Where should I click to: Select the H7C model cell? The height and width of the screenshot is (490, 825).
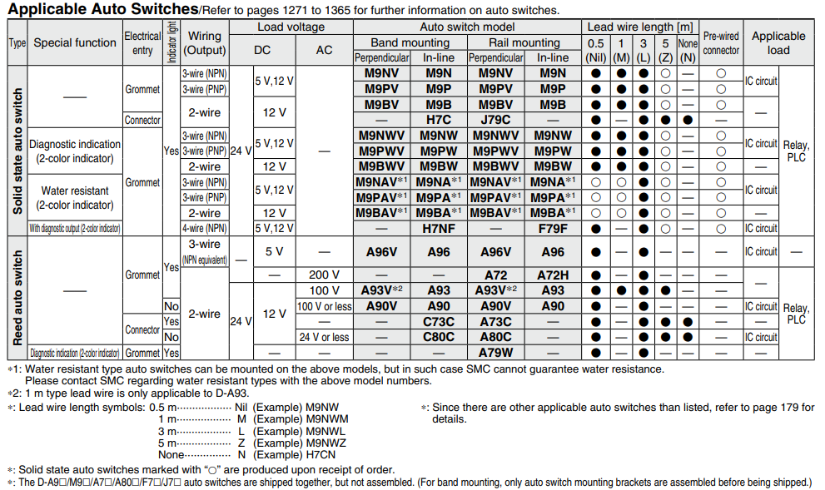click(x=438, y=120)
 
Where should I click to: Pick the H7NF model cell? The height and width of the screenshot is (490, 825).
click(x=438, y=228)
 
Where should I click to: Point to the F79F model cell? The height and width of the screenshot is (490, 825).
click(x=553, y=228)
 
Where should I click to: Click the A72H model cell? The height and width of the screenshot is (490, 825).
click(x=553, y=275)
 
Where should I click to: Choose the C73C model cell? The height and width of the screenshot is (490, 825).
click(x=438, y=322)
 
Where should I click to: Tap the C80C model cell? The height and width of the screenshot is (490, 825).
click(x=438, y=337)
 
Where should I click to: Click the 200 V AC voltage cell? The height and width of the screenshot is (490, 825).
click(x=324, y=275)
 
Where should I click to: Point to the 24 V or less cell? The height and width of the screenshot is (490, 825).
click(x=324, y=337)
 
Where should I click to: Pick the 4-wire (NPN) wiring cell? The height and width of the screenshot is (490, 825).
click(x=204, y=228)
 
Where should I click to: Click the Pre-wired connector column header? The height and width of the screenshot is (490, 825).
click(x=721, y=43)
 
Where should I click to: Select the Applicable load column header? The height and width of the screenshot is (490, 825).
click(x=778, y=42)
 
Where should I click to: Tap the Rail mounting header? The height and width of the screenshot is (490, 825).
click(x=524, y=42)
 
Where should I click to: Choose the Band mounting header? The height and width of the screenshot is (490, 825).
click(x=410, y=42)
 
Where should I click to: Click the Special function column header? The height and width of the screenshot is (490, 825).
click(x=75, y=42)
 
